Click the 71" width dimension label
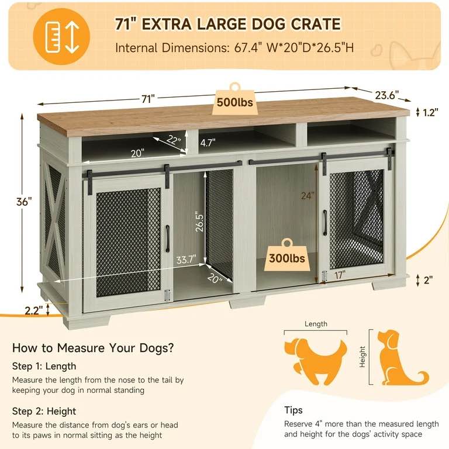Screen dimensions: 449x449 (x=147, y=99)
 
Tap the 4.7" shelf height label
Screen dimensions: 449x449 (x=208, y=142)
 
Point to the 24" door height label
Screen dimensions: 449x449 (x=309, y=196)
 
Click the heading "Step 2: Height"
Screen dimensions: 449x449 (x=44, y=411)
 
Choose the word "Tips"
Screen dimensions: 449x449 (x=293, y=410)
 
